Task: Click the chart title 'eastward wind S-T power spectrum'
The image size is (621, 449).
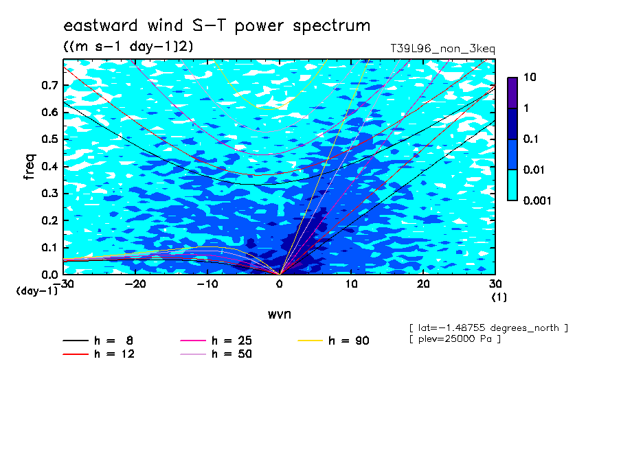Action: point(216,26)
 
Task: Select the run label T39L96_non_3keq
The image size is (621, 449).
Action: point(442,49)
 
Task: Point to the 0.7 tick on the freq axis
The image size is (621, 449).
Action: point(50,85)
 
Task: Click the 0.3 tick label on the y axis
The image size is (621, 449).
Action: point(50,193)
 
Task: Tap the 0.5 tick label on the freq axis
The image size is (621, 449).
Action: point(50,139)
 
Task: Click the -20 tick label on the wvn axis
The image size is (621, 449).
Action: point(135,284)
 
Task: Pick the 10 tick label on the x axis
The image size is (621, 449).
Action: point(351,284)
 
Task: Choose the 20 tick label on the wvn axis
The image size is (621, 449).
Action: point(423,284)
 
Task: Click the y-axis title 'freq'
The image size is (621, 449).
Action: point(30,167)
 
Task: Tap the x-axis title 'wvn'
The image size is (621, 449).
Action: point(279,314)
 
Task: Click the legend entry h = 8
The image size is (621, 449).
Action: point(98,341)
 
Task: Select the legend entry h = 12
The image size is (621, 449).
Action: point(99,354)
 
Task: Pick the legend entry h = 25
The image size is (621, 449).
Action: point(216,341)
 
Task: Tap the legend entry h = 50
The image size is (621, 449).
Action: point(216,354)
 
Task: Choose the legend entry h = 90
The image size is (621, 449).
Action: point(333,341)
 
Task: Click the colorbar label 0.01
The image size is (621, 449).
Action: point(534,170)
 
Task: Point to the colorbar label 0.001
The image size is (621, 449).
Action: point(537,200)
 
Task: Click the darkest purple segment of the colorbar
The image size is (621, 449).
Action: point(512,93)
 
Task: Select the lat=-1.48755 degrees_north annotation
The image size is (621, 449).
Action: point(488,328)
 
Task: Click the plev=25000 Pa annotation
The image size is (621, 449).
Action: point(455,339)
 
